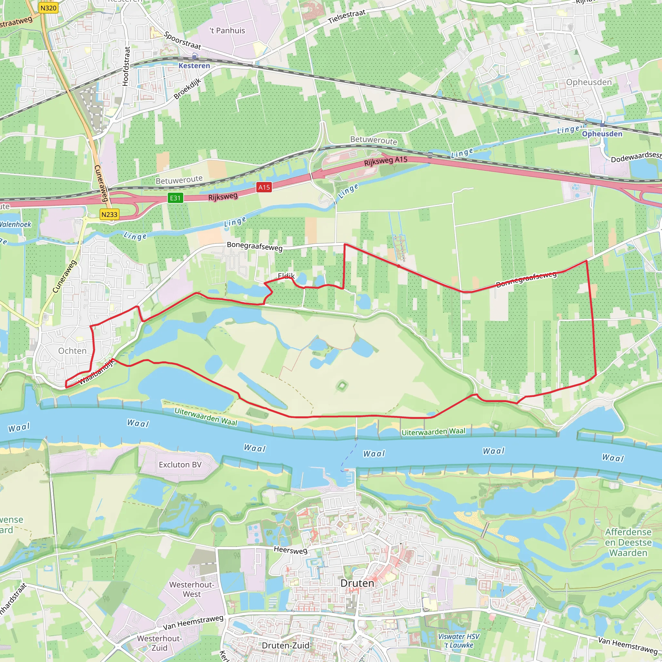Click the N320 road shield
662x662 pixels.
coord(48,8)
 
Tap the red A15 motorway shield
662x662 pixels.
coord(264,187)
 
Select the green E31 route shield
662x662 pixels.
coord(175,198)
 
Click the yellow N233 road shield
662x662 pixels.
coord(109,215)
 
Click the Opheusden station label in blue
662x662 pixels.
coord(602,133)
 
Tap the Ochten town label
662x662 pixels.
coord(72,350)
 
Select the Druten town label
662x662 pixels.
coord(357,583)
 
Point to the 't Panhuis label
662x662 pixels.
coord(228,30)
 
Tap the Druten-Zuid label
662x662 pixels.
coord(285,645)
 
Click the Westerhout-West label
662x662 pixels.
coord(192,589)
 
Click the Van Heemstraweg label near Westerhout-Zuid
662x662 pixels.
coord(193,623)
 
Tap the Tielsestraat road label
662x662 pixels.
coord(347,16)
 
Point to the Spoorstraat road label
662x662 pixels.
coord(182,40)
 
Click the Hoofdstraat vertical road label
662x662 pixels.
coord(126,66)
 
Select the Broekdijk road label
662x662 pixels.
coord(187,88)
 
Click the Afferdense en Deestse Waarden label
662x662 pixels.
coord(628,542)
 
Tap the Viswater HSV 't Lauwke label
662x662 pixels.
coord(459,640)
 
